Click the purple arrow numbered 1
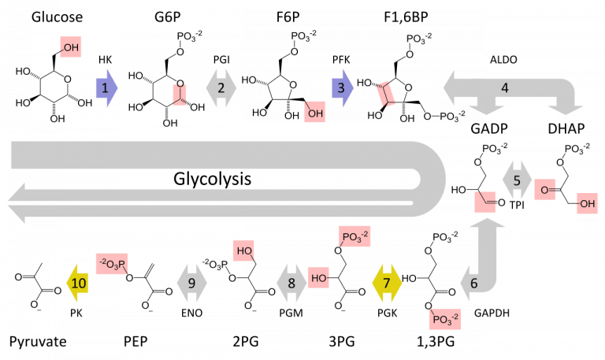click(x=105, y=87)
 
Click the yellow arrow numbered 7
click(x=386, y=282)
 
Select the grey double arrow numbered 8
click(x=291, y=282)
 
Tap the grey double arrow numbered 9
click(x=192, y=282)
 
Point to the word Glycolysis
click(x=213, y=179)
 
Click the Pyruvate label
click(x=38, y=342)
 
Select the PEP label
click(x=136, y=342)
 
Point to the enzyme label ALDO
click(x=504, y=59)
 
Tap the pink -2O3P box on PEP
click(x=111, y=262)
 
